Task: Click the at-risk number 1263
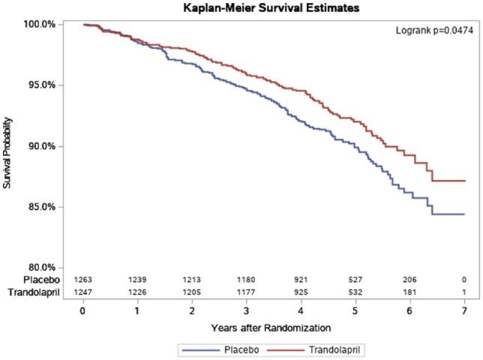(83, 280)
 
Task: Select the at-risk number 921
(301, 280)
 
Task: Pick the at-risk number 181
(409, 292)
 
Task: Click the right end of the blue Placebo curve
(464, 214)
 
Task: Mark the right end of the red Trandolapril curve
(464, 181)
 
